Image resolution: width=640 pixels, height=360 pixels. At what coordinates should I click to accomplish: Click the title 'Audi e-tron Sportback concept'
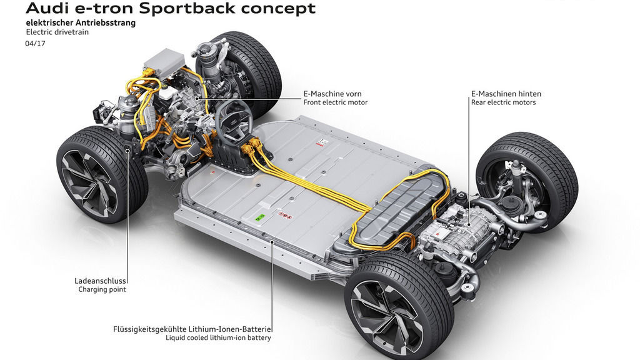171,9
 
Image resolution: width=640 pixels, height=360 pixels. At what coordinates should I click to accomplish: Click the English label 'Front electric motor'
335,102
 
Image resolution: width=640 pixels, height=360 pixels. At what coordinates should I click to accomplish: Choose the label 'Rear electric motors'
503,102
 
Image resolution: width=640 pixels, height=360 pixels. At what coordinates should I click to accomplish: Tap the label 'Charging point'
102,289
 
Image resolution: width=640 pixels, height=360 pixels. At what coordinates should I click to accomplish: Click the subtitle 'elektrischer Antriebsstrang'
81,22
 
